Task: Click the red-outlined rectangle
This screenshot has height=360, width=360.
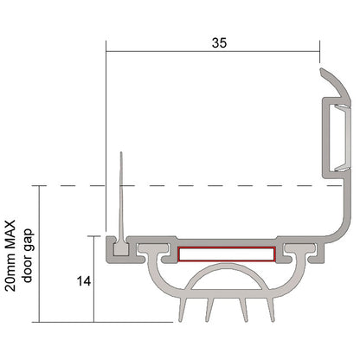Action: click(227, 254)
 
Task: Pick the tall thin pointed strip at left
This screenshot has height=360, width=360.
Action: click(121, 199)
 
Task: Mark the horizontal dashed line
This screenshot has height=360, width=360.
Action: click(216, 185)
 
